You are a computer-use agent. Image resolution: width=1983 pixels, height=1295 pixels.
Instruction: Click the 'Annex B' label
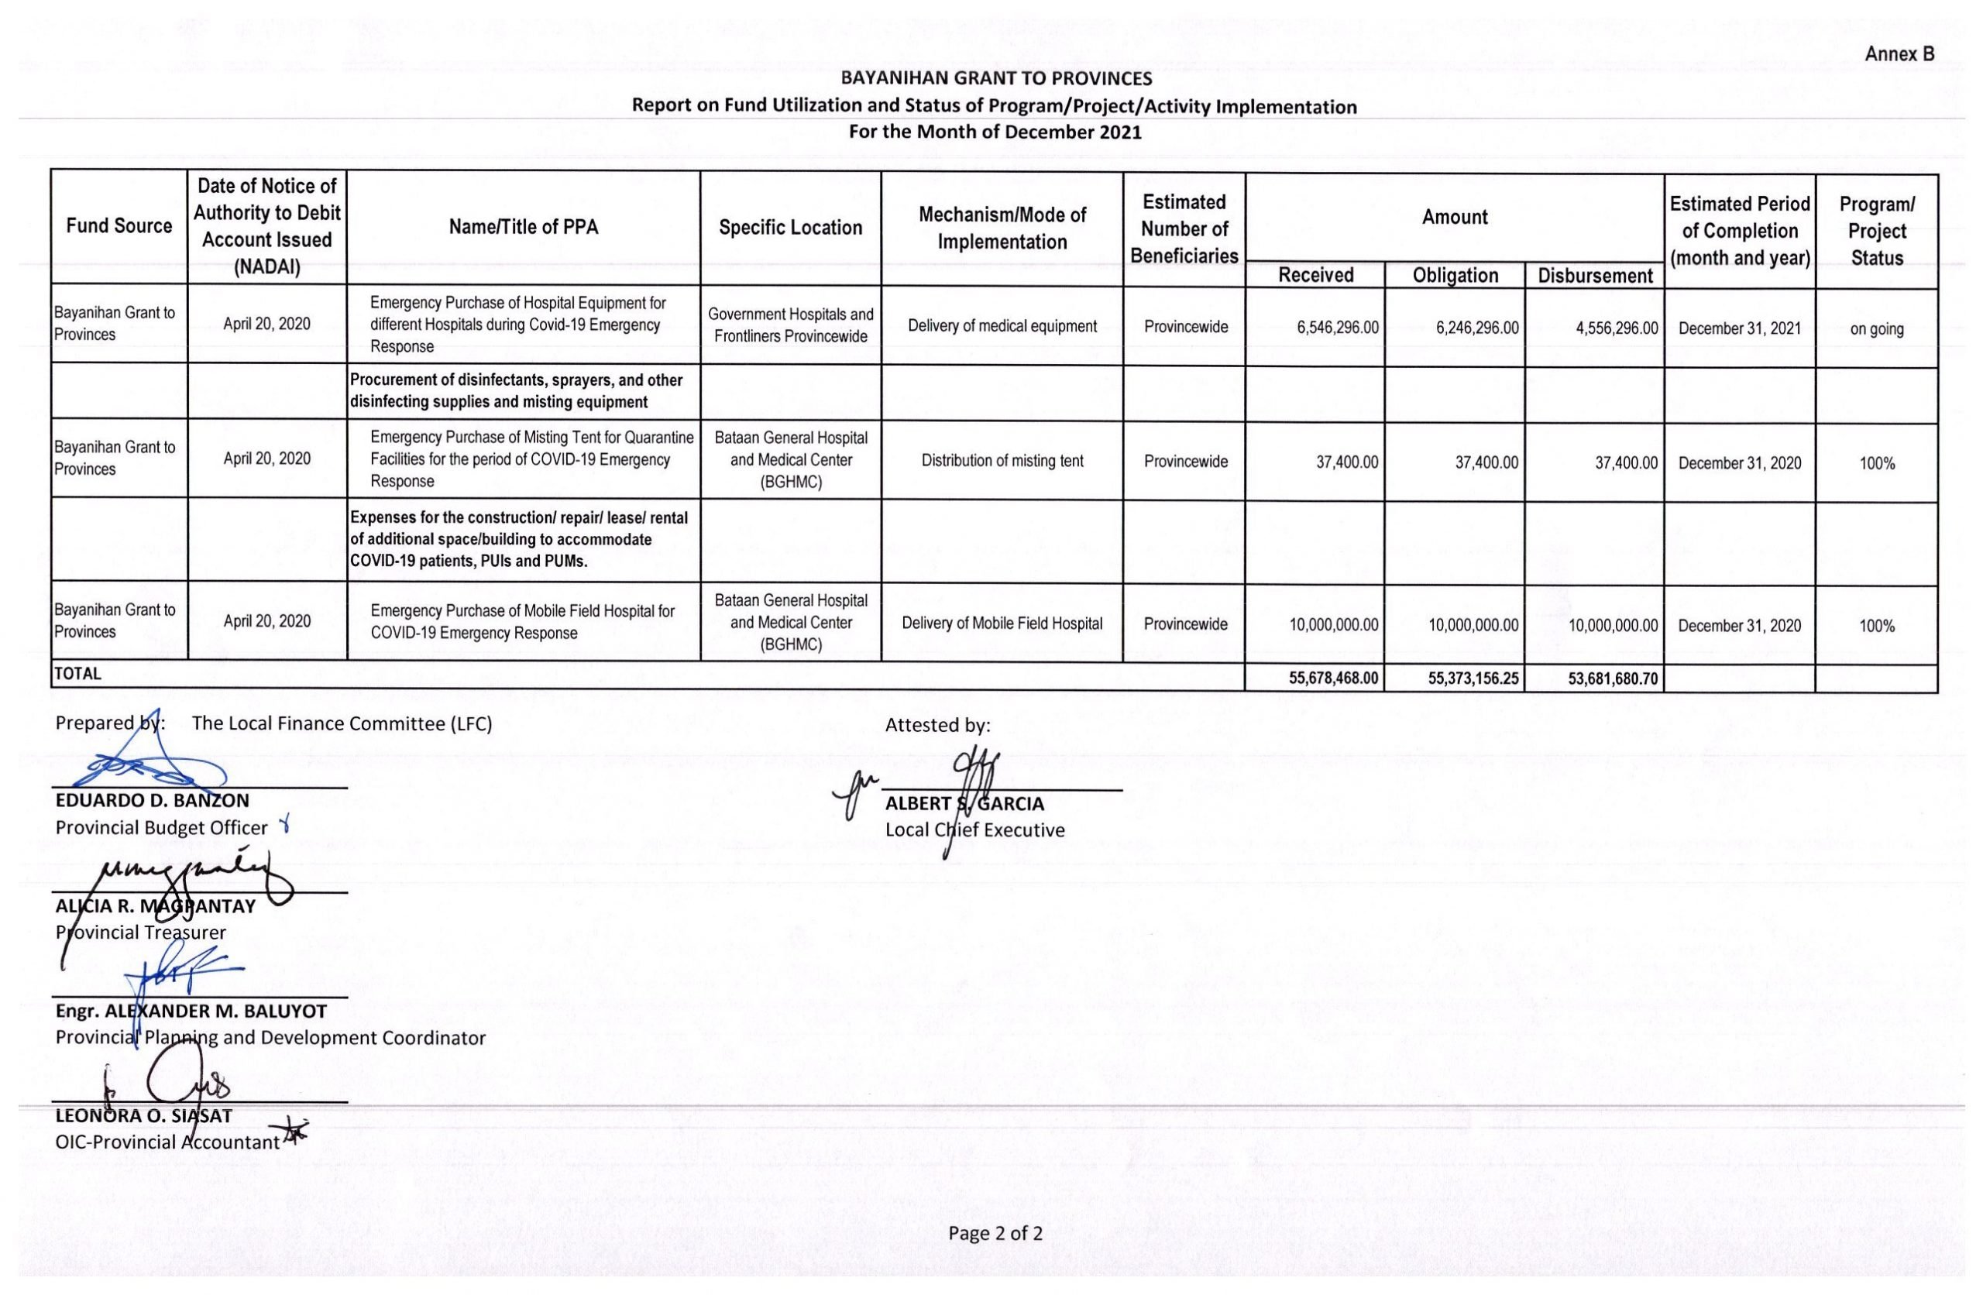1899,54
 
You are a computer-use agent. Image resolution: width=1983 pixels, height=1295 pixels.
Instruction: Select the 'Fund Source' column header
119,226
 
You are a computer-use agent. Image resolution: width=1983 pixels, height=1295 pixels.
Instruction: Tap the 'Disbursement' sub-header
1595,276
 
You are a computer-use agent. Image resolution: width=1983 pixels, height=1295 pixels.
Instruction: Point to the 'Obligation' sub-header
1455,276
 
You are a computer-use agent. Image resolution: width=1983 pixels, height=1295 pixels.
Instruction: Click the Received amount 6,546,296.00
1337,328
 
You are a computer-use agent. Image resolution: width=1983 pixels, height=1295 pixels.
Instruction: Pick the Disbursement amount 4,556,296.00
1617,328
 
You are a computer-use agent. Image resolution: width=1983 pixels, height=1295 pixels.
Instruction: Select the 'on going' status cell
1876,329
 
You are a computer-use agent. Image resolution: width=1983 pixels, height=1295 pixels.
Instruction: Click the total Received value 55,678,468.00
1333,678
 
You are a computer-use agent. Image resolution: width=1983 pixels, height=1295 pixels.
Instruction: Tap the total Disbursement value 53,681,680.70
1612,679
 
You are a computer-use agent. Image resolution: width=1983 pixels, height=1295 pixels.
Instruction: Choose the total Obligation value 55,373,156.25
1473,679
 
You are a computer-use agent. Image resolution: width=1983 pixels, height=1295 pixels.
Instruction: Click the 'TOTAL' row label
77,673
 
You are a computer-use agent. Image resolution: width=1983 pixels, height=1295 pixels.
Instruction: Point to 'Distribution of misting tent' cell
1002,461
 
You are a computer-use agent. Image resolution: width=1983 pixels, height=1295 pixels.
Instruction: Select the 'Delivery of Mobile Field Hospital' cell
1002,623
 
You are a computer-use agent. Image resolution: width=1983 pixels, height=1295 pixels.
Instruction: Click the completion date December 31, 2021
1740,328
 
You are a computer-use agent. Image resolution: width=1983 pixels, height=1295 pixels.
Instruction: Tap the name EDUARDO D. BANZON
153,801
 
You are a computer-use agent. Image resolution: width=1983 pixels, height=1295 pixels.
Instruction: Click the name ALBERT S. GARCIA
964,804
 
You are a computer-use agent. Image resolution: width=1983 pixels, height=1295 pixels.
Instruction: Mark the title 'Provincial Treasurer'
141,933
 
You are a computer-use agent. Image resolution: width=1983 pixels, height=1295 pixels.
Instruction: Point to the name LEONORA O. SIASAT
143,1116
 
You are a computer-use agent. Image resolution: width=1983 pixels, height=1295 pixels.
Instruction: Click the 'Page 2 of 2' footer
995,1233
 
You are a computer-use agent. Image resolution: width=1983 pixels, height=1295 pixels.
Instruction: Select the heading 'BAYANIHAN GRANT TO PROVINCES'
995,79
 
